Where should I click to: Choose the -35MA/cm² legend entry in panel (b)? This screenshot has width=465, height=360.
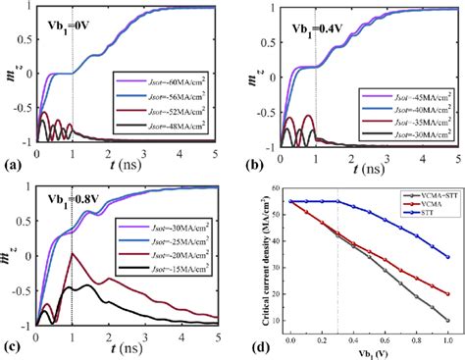tap(411, 117)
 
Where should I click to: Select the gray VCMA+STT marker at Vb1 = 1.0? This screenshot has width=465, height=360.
tap(447, 320)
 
